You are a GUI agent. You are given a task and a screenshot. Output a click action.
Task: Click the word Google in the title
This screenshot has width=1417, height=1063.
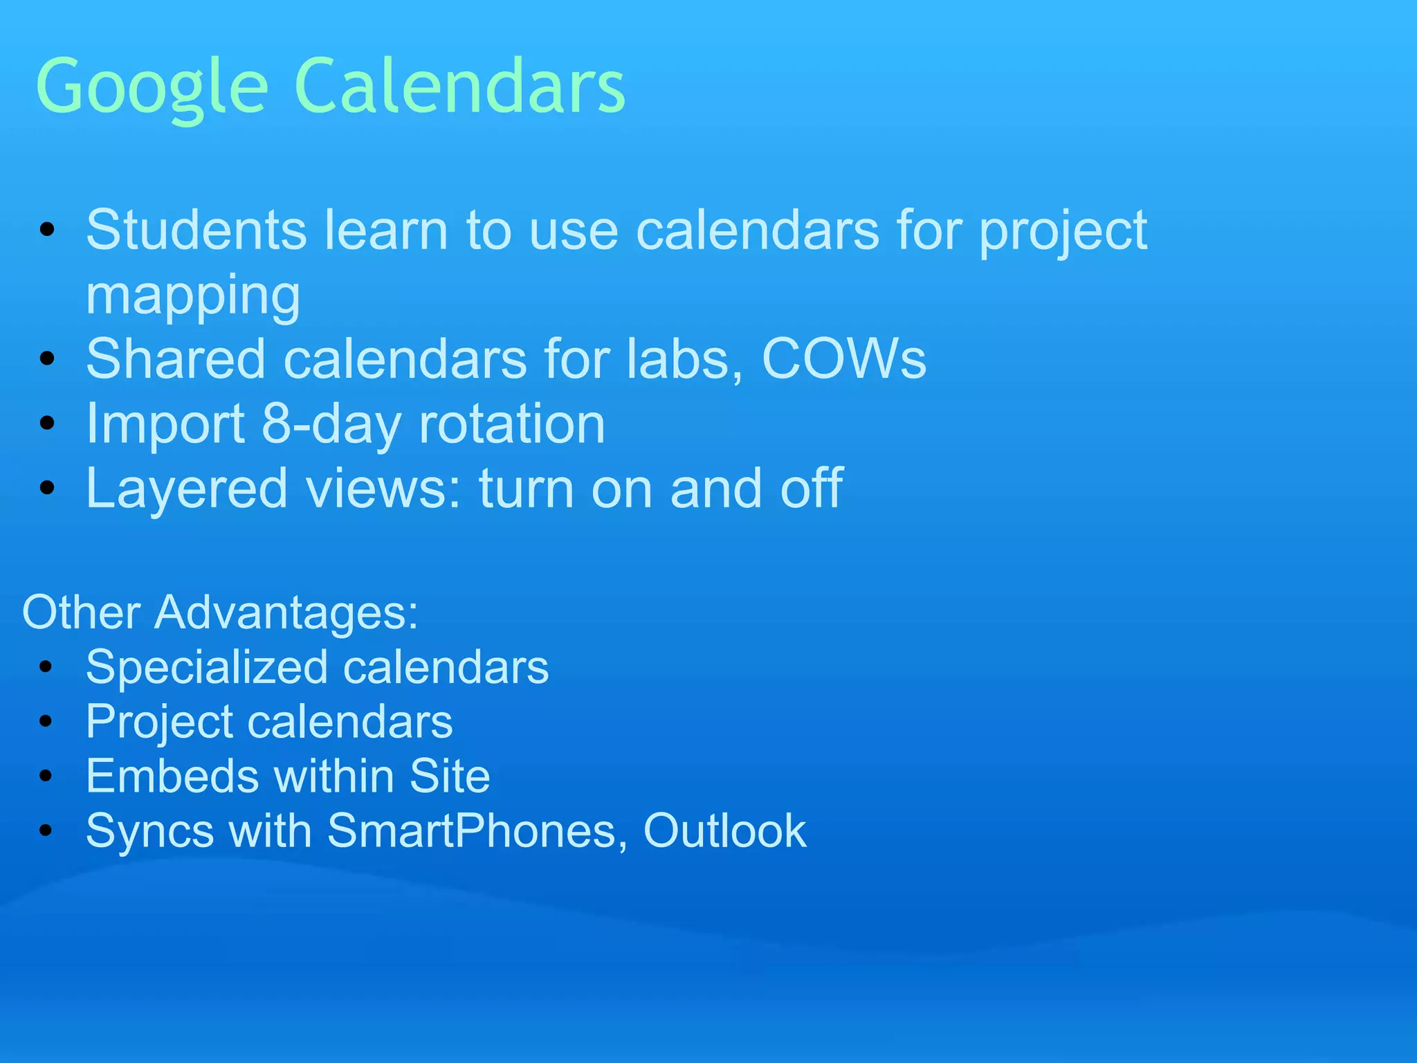pyautogui.click(x=152, y=88)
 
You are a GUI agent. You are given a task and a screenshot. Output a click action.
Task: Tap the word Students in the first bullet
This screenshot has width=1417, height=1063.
pyautogui.click(x=196, y=230)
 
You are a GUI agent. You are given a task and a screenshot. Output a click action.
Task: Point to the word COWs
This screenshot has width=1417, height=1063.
pyautogui.click(x=843, y=359)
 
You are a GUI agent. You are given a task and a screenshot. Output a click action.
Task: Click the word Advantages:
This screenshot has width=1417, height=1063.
pyautogui.click(x=286, y=613)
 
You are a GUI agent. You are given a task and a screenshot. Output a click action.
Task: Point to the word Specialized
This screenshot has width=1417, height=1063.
pyautogui.click(x=207, y=669)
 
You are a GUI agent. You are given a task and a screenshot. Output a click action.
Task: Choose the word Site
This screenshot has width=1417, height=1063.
pyautogui.click(x=450, y=776)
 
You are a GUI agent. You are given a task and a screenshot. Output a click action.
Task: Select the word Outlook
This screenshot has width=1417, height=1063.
pyautogui.click(x=724, y=830)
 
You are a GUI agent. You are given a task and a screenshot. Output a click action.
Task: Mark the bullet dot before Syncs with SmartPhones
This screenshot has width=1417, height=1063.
pyautogui.click(x=46, y=830)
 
